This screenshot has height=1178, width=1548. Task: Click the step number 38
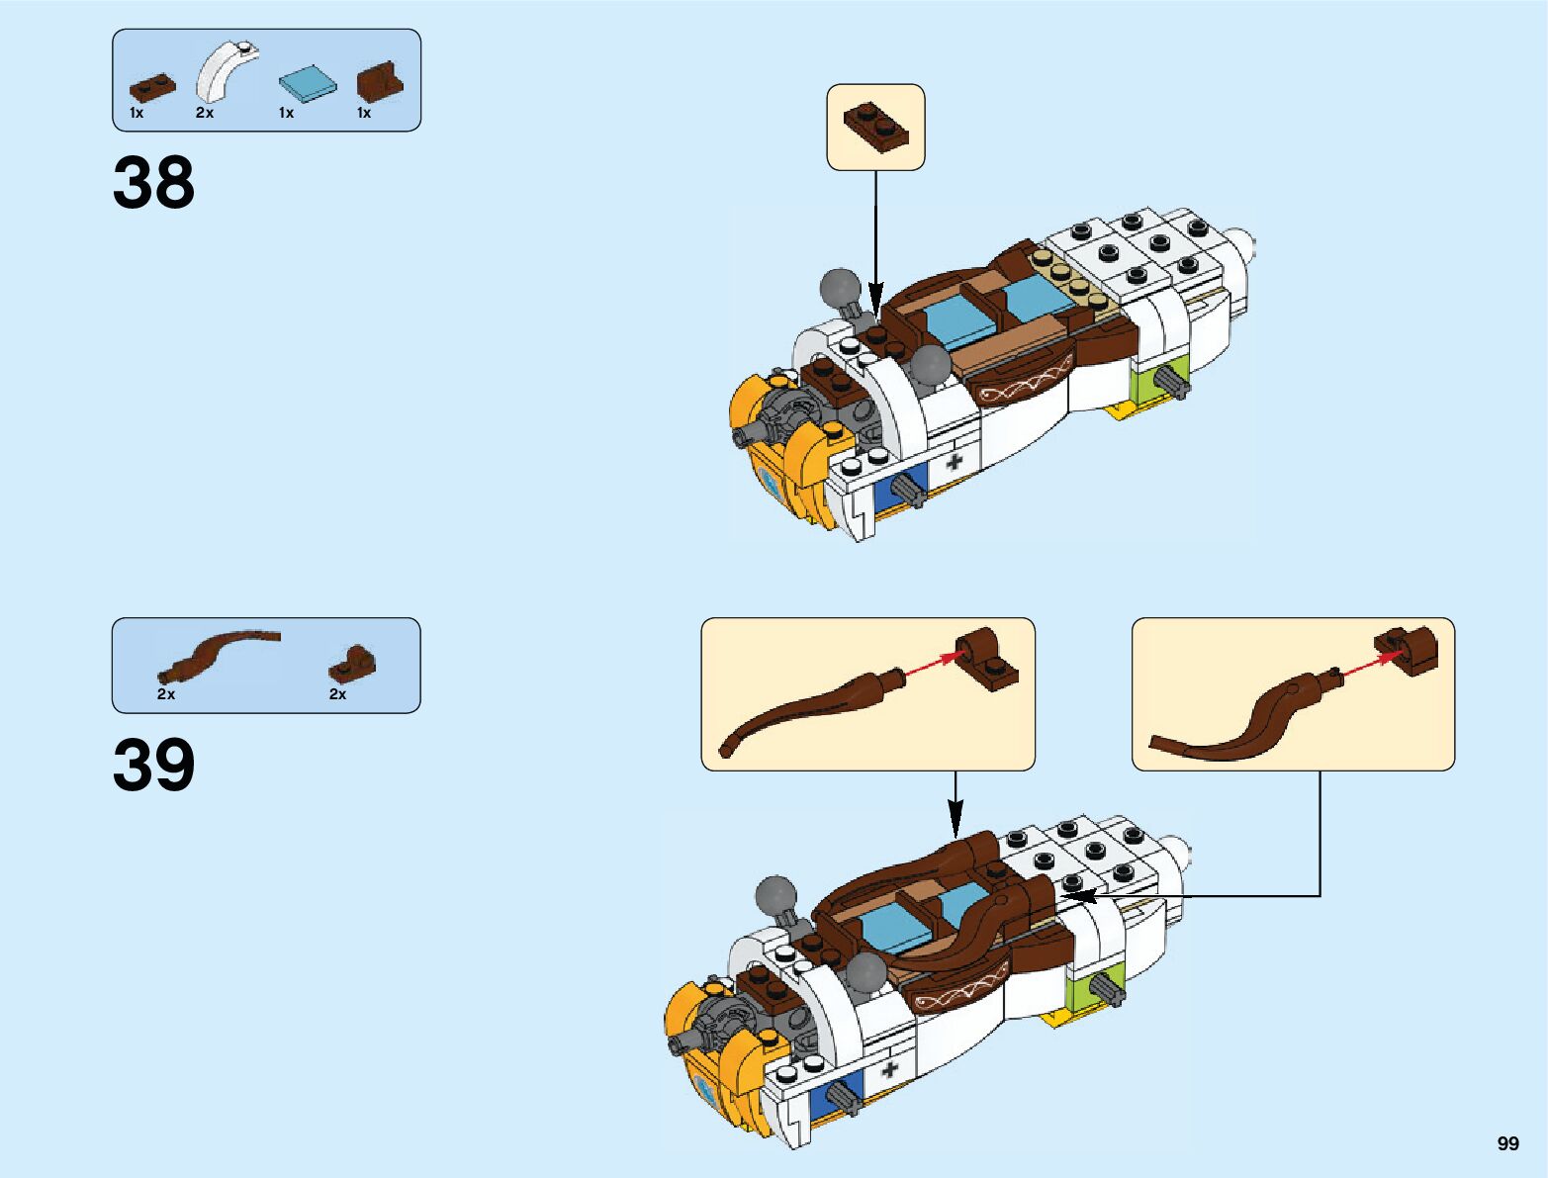pyautogui.click(x=153, y=182)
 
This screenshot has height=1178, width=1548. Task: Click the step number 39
pyautogui.click(x=153, y=765)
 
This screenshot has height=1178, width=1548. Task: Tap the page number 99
pyautogui.click(x=1507, y=1143)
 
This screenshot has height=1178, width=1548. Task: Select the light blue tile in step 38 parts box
pyautogui.click(x=307, y=84)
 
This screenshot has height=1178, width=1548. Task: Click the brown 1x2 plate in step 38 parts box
pyautogui.click(x=152, y=88)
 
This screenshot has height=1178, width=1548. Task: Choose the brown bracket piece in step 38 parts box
pyautogui.click(x=380, y=82)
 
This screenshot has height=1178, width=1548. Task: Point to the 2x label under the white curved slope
pyautogui.click(x=205, y=113)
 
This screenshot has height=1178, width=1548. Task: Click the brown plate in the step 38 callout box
pyautogui.click(x=875, y=126)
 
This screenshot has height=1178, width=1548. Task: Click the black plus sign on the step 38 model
pyautogui.click(x=955, y=461)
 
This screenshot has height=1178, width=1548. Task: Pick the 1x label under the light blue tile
pyautogui.click(x=286, y=113)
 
